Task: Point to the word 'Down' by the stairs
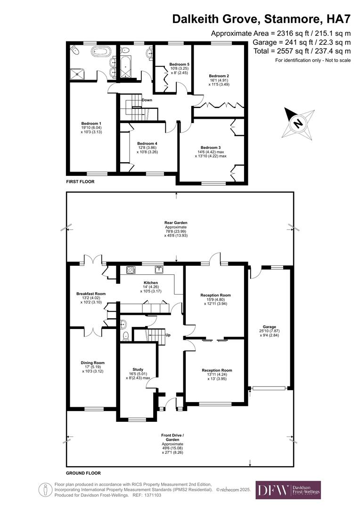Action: pos(147,100)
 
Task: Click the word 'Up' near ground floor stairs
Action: pos(167,335)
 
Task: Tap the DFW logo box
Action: pos(288,490)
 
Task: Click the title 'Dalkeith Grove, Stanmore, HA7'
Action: pos(261,19)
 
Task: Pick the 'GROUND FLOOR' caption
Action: pos(83,473)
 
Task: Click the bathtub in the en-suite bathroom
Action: pos(101,51)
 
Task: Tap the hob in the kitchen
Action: pos(131,270)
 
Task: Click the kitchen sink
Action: pos(159,270)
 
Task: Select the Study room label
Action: pos(138,369)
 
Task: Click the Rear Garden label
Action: pos(176,222)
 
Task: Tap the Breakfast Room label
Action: pos(91,294)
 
